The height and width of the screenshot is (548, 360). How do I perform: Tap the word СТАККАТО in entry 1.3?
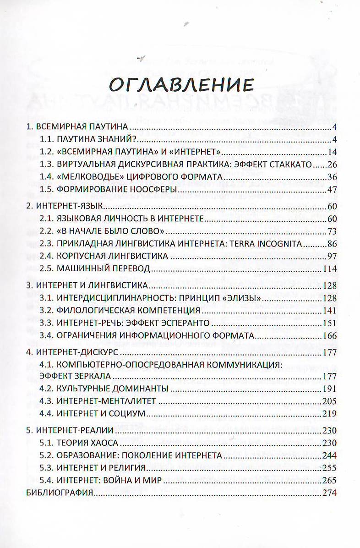tap(289, 164)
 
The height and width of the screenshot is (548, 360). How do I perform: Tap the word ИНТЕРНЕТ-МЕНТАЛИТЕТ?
tap(107, 401)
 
